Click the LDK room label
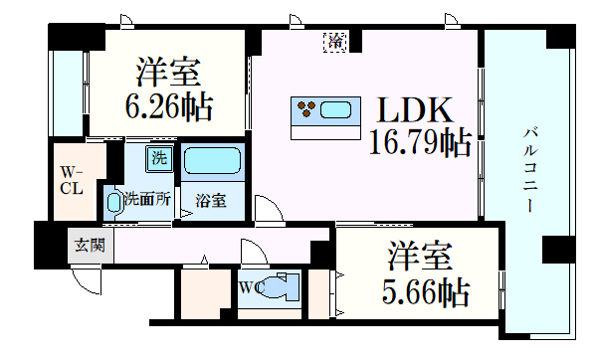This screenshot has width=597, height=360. click(414, 108)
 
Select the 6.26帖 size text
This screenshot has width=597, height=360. click(170, 106)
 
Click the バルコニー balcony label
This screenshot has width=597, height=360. click(531, 169)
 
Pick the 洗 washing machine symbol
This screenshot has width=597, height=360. click(158, 156)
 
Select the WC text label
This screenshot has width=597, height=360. click(250, 290)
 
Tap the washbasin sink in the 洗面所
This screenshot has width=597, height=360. click(114, 202)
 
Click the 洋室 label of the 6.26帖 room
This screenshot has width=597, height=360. click(169, 75)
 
